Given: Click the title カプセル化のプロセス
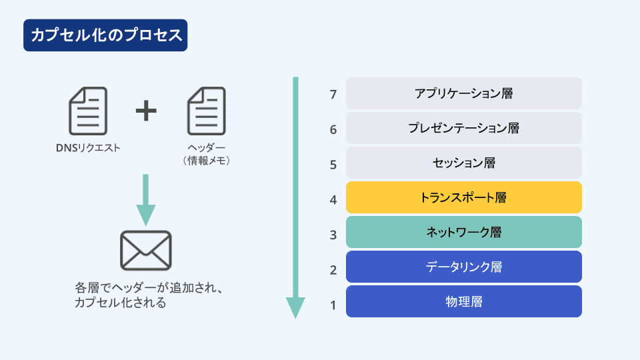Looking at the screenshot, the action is coord(105,35).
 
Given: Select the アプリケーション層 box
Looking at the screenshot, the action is coord(464,93).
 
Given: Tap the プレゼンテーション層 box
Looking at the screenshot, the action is coord(464,128).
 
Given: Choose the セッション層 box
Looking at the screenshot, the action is coord(464,163).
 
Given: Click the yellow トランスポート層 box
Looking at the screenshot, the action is coord(464,197).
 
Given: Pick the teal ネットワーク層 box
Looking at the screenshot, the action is coord(464,232).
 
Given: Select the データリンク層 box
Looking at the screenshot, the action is coord(464,267).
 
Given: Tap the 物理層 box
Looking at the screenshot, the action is coord(464,301).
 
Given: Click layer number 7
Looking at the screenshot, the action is coord(333,95).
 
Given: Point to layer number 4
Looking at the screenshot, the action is coord(333,200).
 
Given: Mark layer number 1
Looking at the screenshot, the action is coord(333,305).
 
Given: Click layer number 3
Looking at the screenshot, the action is coord(333,235).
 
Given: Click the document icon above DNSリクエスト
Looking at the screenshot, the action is coord(88,111).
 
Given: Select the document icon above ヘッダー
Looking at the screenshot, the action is coord(207,111).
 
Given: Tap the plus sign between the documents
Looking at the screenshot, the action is coord(146,111).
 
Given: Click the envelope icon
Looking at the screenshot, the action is coord(146,251).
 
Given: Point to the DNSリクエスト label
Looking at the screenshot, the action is coord(88,148).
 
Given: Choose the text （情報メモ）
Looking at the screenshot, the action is coord(207,161).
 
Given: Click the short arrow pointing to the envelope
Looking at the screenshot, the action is coord(146,200).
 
